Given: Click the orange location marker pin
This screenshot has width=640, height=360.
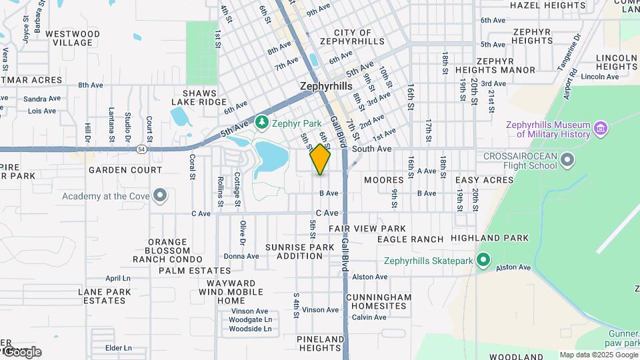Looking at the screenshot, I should pos(320,159).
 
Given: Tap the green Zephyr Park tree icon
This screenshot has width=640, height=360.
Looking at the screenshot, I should pos(262,123).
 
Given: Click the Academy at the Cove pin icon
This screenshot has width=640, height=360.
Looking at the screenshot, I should pos(159,196).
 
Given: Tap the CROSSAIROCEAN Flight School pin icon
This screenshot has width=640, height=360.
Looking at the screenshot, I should pos(567,159).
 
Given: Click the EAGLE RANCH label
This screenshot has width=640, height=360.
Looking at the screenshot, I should pos(410,239).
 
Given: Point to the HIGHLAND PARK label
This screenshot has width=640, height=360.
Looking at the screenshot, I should pos(489,238).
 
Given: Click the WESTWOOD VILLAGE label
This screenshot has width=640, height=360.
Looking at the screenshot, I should pos(73,38).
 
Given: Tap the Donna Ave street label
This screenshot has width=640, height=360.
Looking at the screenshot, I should pos(241,256).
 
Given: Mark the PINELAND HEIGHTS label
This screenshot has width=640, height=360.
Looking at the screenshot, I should pos(321,343).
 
